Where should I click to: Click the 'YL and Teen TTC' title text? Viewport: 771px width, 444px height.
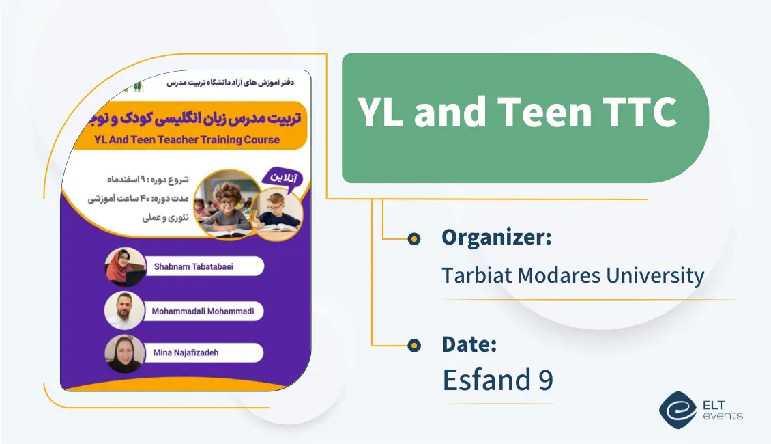517,113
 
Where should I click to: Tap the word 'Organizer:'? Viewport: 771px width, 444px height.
496,238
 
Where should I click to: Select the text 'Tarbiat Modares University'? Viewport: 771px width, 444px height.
572,275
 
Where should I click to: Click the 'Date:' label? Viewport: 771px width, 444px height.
469,344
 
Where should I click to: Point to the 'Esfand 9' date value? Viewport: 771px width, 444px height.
497,380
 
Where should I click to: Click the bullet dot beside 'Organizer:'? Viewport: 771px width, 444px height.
413,239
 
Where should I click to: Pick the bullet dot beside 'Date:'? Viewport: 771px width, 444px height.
413,346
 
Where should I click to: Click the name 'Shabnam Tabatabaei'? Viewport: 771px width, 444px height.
192,266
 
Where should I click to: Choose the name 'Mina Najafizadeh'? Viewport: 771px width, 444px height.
186,353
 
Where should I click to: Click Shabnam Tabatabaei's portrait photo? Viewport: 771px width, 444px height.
125,266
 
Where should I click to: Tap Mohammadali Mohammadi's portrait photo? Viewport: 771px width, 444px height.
125,311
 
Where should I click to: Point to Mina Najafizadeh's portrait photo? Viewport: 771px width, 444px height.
125,354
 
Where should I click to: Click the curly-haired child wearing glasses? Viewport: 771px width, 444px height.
227,202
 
